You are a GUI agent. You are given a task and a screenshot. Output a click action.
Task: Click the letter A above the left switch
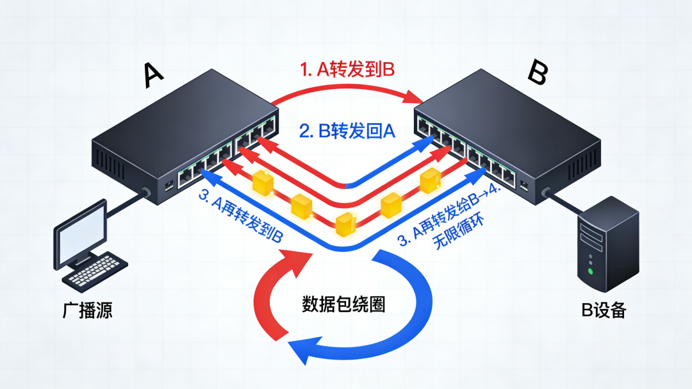point(154,76)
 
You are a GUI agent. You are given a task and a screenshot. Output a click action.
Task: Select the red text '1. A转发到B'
point(347,70)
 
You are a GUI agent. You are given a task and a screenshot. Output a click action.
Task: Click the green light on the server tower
point(590,271)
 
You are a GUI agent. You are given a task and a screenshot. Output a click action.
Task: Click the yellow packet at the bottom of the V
point(346,222)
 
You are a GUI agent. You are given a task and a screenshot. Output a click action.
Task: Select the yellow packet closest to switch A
point(262,183)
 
